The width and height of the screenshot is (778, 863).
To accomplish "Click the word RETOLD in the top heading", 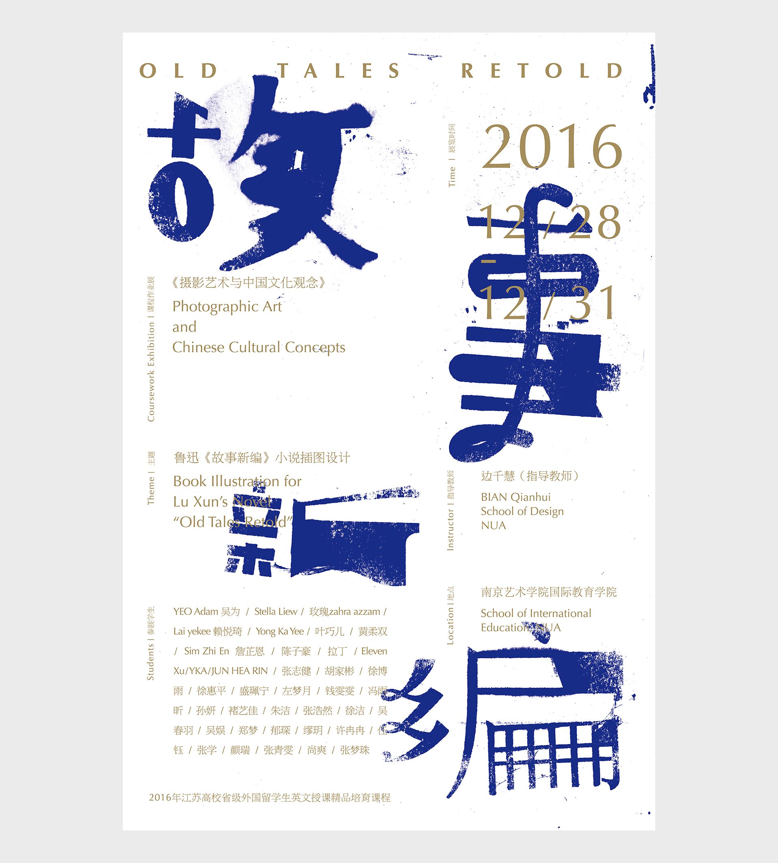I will [542, 70].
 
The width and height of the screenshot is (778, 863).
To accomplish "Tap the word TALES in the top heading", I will [340, 70].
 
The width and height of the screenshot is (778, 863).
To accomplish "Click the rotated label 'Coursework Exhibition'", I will [151, 372].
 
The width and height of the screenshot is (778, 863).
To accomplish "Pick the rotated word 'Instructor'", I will [450, 529].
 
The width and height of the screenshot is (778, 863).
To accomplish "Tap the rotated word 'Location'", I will [450, 625].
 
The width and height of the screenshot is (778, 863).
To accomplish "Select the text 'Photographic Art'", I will [227, 306].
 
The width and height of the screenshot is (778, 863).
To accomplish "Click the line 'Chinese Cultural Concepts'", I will [259, 347].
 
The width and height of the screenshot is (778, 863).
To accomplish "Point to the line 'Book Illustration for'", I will [237, 481].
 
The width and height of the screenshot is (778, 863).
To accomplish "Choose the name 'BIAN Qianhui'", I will [515, 497].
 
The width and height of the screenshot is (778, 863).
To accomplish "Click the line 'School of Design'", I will [522, 511].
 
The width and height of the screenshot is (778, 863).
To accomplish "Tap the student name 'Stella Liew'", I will [276, 612].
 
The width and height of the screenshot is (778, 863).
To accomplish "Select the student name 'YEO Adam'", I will [196, 612].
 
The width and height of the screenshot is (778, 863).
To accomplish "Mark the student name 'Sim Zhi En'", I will [207, 651].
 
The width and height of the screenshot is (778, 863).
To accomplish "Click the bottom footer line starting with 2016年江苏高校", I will [270, 798].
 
